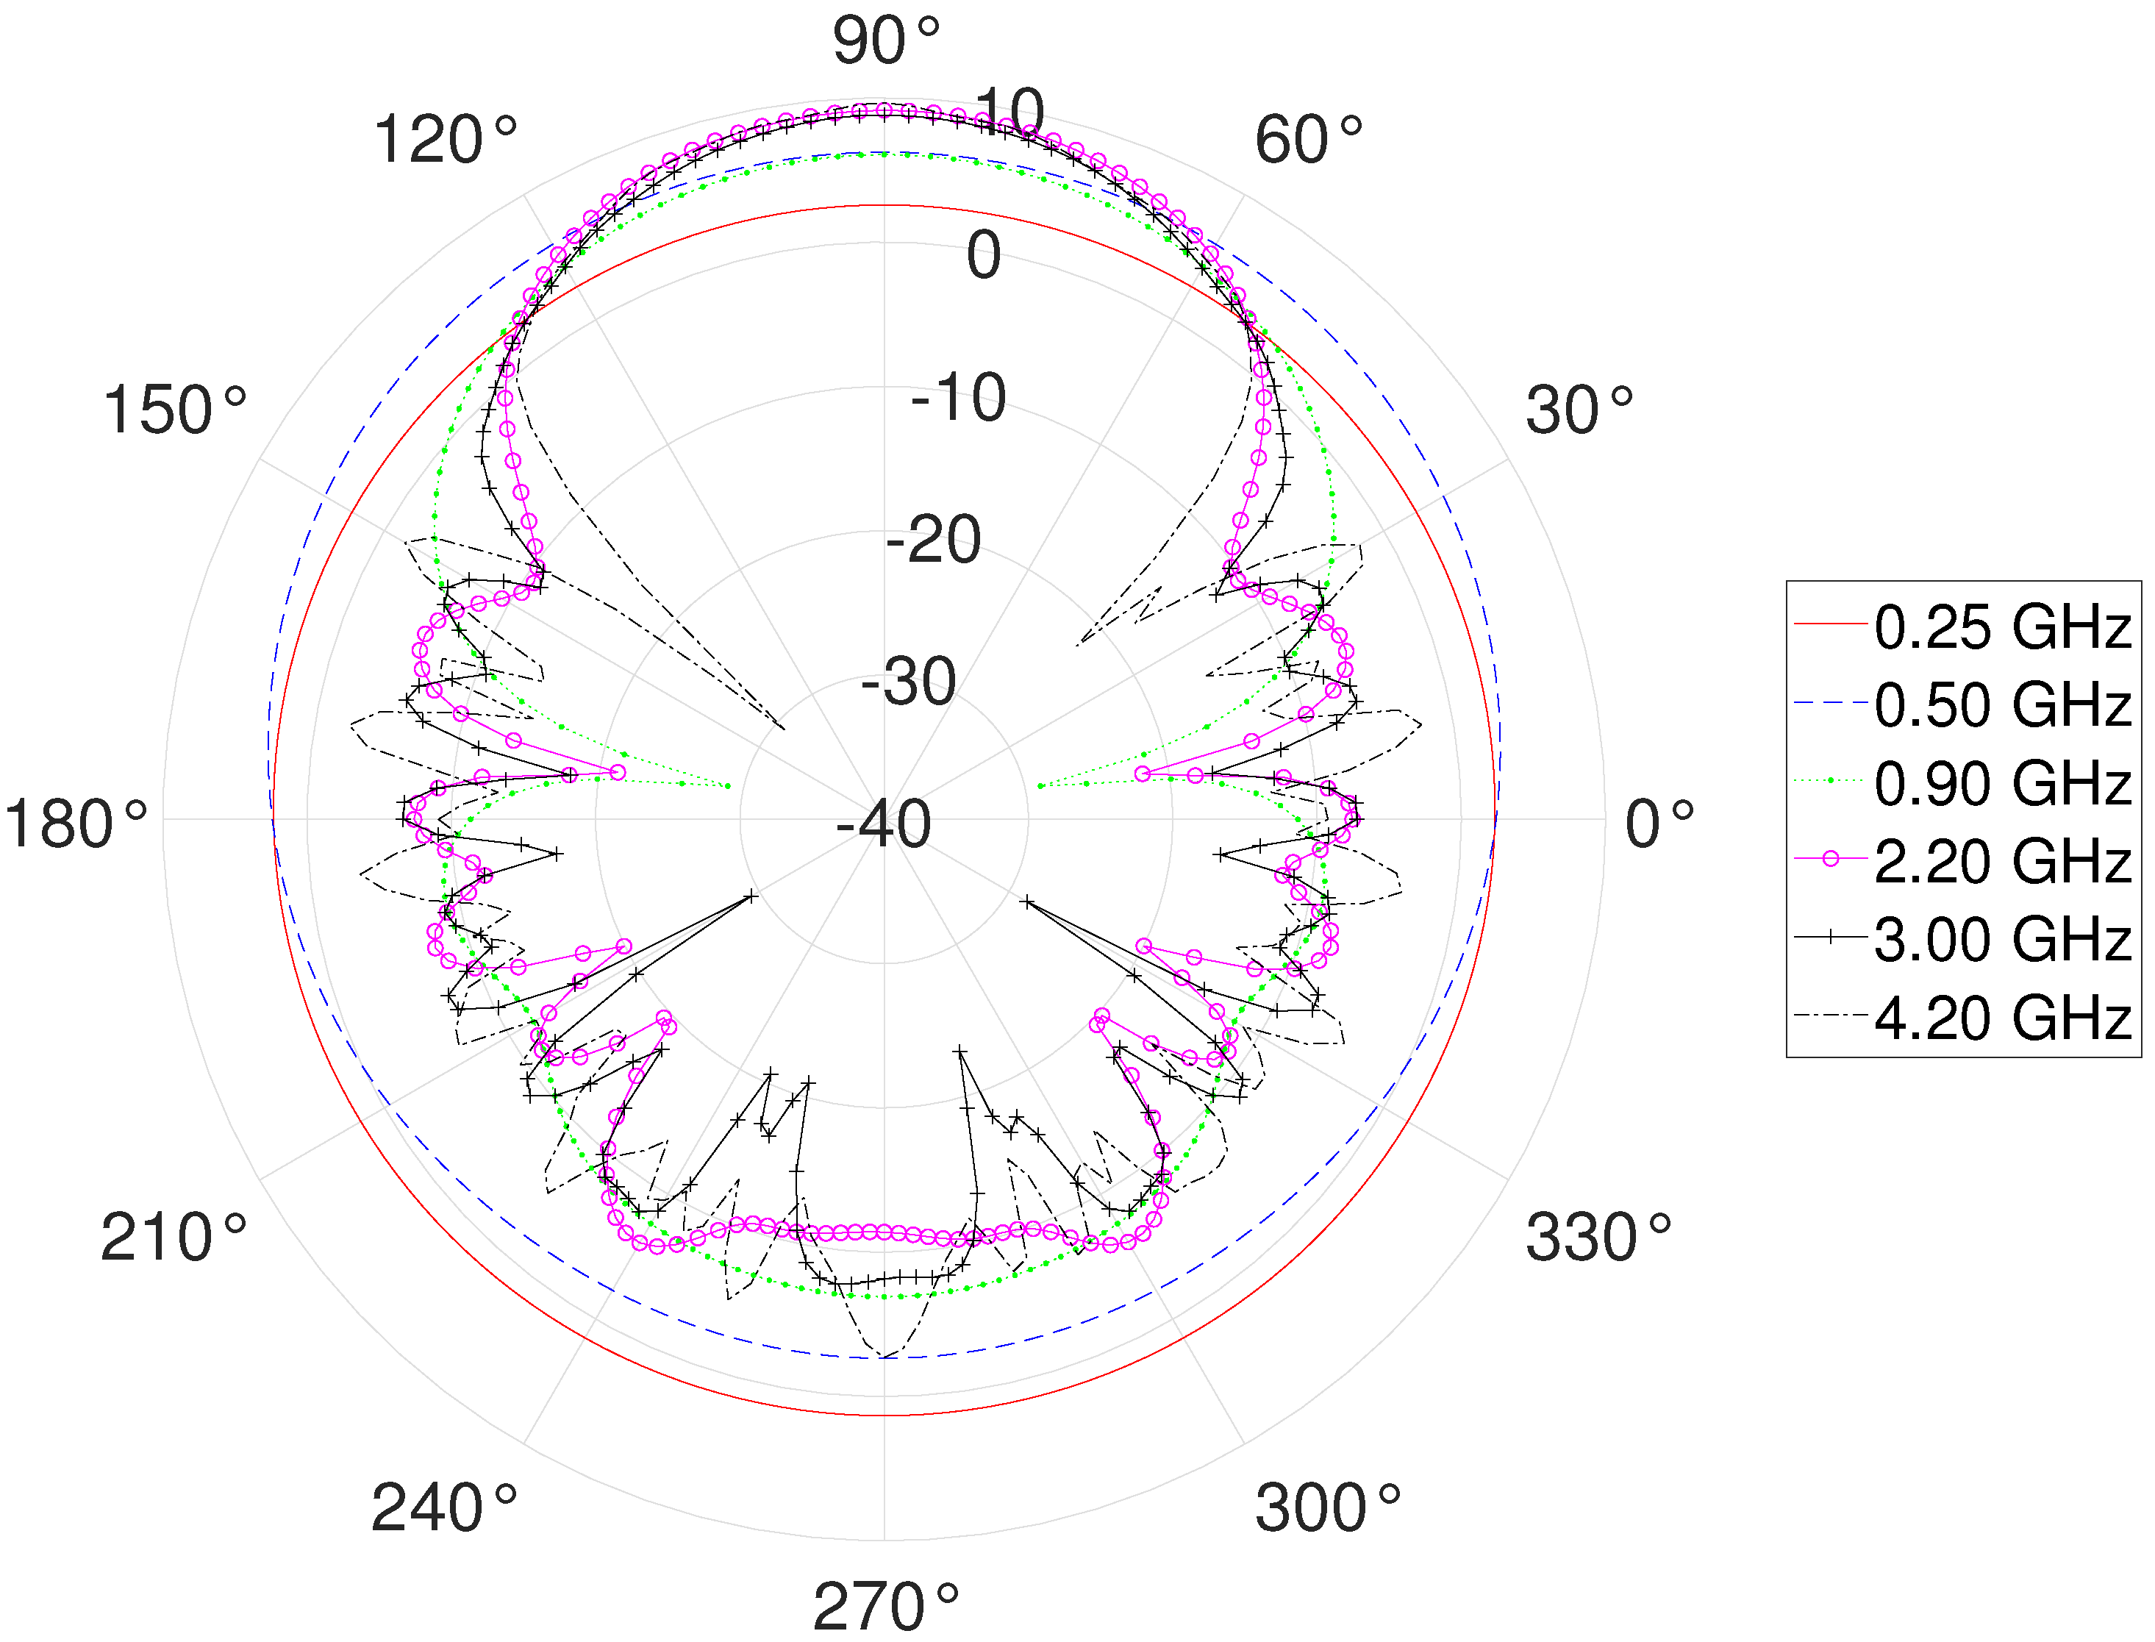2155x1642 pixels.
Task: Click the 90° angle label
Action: click(x=885, y=41)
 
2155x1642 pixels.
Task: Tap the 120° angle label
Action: click(x=445, y=140)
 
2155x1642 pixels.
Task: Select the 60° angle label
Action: click(x=1309, y=140)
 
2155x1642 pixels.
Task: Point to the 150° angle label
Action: click(x=174, y=410)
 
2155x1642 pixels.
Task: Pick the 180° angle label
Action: click(x=75, y=824)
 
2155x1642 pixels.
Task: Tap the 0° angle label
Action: click(x=1659, y=824)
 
